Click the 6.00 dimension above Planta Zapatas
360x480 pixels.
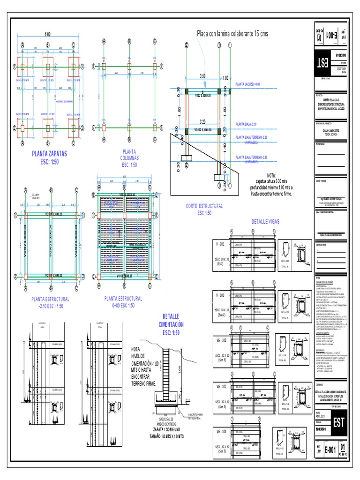[47, 35]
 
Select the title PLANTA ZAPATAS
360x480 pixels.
[49, 153]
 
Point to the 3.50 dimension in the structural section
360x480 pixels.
[202, 75]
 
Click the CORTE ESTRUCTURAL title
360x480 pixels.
[204, 206]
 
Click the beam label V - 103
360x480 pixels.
[220, 245]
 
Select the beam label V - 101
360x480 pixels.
[220, 295]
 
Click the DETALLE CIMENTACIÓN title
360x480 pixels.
[171, 320]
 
